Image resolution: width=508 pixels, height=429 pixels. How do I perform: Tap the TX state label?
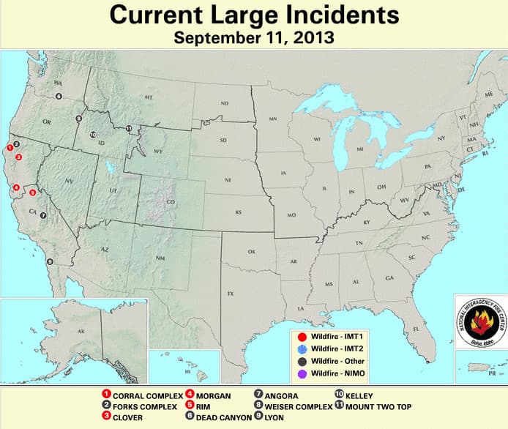[230, 294]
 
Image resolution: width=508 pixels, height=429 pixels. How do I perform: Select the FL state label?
[416, 329]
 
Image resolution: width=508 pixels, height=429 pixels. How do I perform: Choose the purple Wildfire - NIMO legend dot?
[302, 374]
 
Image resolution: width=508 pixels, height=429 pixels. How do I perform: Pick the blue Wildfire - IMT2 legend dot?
[302, 348]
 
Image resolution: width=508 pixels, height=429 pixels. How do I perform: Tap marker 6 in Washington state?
[59, 96]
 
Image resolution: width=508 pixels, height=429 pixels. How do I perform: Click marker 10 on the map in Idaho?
[93, 135]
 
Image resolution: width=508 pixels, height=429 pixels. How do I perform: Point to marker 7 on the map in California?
[43, 215]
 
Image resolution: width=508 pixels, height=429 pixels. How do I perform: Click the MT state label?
[149, 97]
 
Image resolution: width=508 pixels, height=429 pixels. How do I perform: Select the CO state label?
[171, 202]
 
